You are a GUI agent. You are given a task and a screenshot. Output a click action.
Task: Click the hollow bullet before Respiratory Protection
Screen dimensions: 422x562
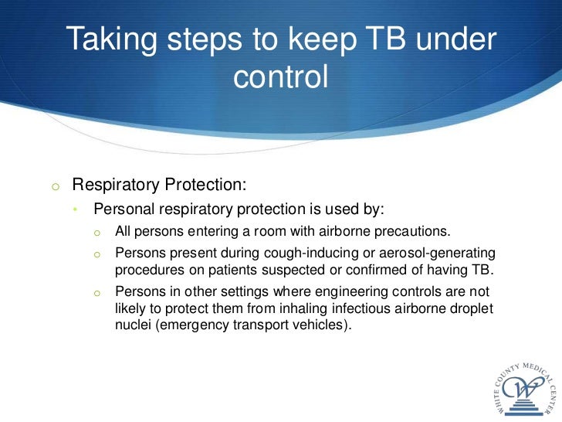tap(55, 185)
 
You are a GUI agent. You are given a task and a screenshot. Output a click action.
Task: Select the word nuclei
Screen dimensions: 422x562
tap(133, 325)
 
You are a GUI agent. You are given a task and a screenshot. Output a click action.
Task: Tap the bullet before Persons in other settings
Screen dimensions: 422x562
tap(97, 291)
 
